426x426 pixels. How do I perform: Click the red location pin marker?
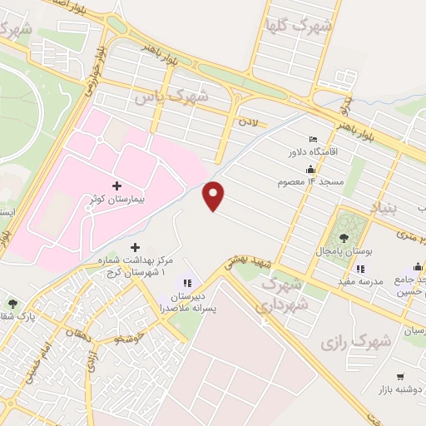tap(215, 195)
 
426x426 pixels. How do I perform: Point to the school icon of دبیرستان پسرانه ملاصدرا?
tap(188, 284)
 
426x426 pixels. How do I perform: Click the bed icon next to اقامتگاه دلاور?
tap(312, 139)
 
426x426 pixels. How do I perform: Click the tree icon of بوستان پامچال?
tap(343, 238)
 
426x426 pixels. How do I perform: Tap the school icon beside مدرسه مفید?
tap(360, 269)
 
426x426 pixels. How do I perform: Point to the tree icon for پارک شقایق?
tap(12, 303)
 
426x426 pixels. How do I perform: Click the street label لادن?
tap(250, 121)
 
